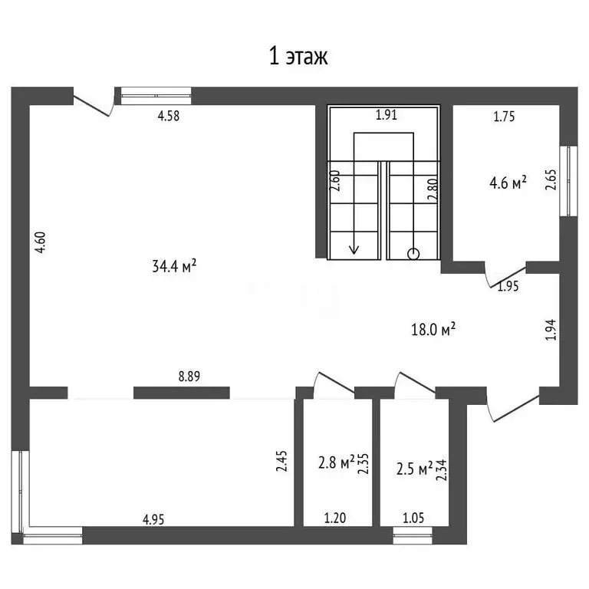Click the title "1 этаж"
[298, 57]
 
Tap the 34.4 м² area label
[174, 266]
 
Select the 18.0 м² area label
[433, 330]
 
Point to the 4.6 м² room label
[508, 183]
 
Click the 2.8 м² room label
[337, 462]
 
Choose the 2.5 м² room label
[415, 469]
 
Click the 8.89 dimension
[189, 377]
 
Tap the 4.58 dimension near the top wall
[169, 116]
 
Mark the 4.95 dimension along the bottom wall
[153, 519]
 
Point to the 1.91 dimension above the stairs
[387, 114]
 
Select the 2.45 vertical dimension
[281, 461]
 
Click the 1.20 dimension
[335, 518]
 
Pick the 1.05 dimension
[413, 518]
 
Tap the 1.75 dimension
[504, 117]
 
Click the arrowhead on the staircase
[354, 249]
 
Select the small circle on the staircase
[413, 254]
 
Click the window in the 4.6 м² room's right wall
[568, 181]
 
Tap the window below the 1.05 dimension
[413, 535]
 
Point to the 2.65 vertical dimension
[551, 179]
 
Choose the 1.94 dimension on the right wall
[551, 330]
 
